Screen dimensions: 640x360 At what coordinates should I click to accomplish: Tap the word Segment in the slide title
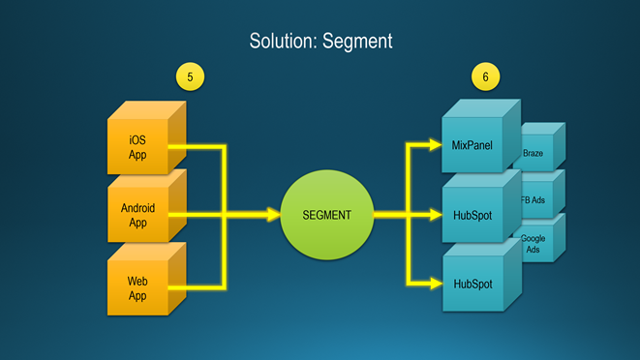point(357,42)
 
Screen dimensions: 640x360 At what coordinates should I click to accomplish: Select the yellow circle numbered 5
point(190,76)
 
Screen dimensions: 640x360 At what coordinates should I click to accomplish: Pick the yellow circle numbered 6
point(485,76)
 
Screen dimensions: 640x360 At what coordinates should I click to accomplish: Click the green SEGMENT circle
point(327,215)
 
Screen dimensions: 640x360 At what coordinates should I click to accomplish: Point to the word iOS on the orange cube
point(137,140)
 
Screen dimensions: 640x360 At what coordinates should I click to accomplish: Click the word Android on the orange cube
point(137,208)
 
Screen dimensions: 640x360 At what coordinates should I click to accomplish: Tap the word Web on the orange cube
point(137,282)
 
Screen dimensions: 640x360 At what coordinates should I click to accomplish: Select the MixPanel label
point(472,145)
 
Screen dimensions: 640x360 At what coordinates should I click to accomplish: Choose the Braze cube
point(538,147)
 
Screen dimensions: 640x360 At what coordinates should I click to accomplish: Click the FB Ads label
point(533,200)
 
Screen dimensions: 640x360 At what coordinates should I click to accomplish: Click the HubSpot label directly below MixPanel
point(472,215)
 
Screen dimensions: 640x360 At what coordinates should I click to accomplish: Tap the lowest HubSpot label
point(472,285)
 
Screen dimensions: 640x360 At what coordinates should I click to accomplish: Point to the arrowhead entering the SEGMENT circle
point(273,215)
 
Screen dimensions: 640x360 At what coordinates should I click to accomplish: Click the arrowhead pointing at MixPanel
point(436,145)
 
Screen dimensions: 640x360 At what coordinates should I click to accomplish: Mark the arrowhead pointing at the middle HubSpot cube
point(436,215)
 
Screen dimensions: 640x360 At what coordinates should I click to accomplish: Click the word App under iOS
point(137,155)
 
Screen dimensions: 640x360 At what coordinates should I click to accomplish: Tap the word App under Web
point(137,296)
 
